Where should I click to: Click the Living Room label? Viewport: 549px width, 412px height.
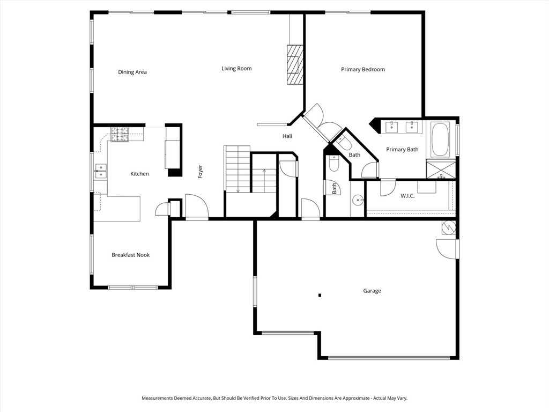pyautogui.click(x=236, y=69)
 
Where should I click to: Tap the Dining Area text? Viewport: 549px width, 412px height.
pyautogui.click(x=132, y=72)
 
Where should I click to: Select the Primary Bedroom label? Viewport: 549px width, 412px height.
pyautogui.click(x=363, y=70)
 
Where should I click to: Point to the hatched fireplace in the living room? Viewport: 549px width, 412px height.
pyautogui.click(x=294, y=64)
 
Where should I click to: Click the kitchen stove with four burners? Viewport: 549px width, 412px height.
pyautogui.click(x=120, y=134)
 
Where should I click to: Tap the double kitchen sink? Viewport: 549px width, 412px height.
pyautogui.click(x=100, y=171)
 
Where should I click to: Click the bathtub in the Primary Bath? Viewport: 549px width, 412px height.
pyautogui.click(x=442, y=139)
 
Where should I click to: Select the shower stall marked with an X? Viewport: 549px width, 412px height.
pyautogui.click(x=441, y=169)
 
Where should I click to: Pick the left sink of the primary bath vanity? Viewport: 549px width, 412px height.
pyautogui.click(x=392, y=127)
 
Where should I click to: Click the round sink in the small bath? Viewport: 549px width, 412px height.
pyautogui.click(x=358, y=200)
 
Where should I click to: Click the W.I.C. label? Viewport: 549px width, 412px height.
pyautogui.click(x=407, y=196)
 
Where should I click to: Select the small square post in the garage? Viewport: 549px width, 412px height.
pyautogui.click(x=320, y=295)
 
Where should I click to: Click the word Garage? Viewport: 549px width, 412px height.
pyautogui.click(x=372, y=291)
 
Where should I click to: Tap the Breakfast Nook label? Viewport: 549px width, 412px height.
pyautogui.click(x=130, y=255)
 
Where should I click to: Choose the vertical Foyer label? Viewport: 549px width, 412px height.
pyautogui.click(x=200, y=172)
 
